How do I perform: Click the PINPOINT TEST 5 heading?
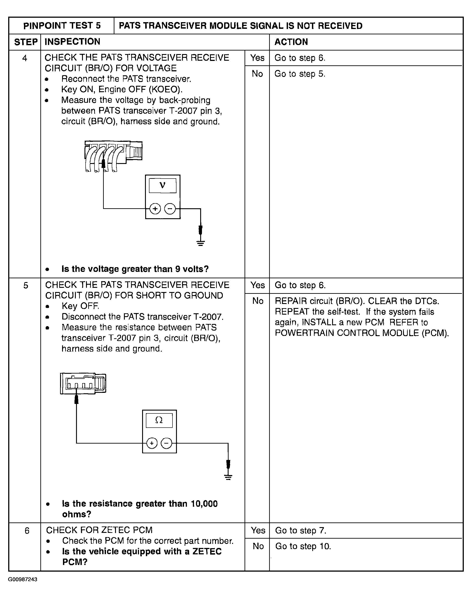62,26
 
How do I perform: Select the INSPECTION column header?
72,42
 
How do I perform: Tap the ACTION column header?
291,42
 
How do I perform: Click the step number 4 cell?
25,58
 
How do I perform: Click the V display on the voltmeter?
163,186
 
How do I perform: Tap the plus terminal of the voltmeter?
155,208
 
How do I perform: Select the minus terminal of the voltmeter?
170,208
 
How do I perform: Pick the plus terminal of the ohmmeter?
151,443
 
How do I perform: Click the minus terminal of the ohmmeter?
166,443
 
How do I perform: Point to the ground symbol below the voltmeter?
201,243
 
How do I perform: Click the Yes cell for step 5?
258,285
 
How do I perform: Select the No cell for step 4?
257,74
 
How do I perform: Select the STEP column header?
26,42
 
